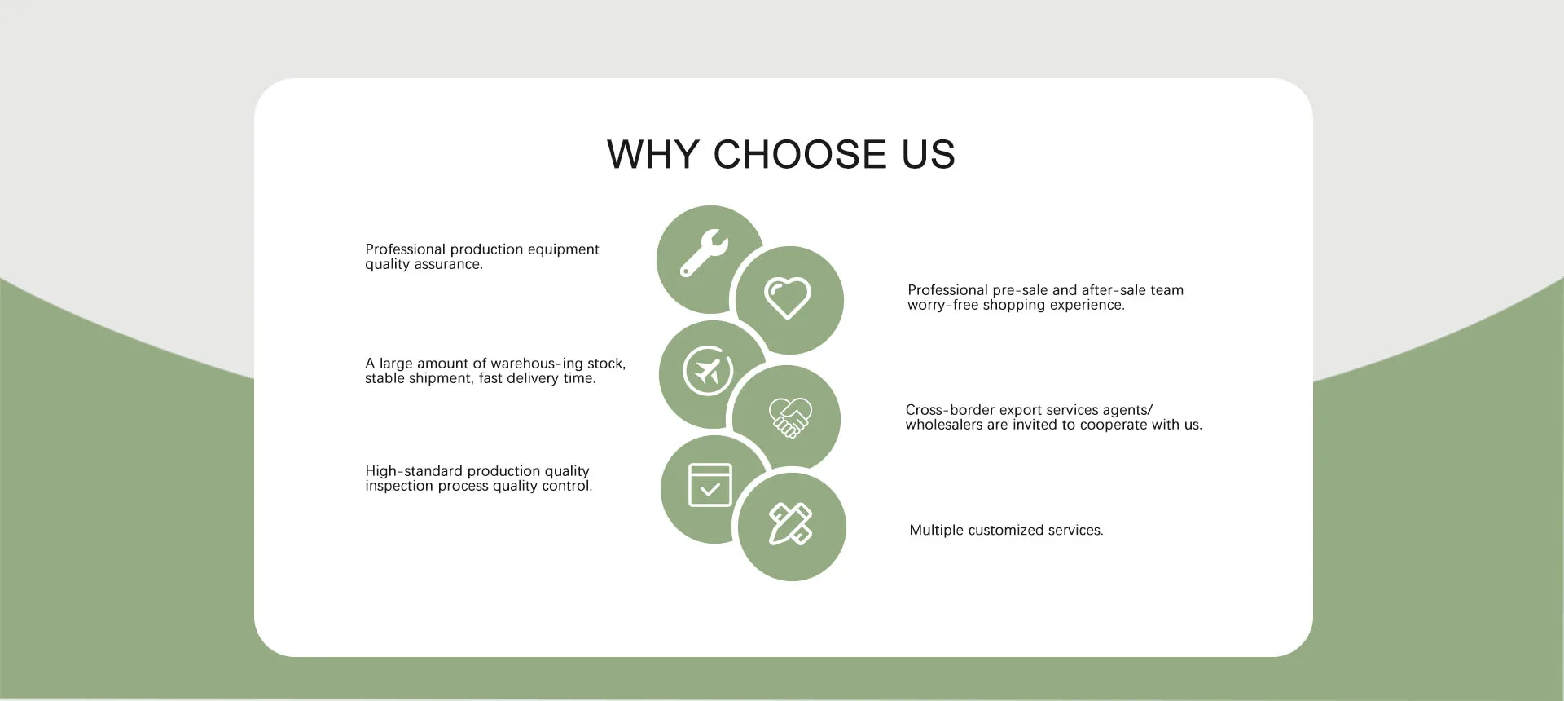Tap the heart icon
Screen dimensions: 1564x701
pyautogui.click(x=788, y=298)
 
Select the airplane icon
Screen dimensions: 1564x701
pyautogui.click(x=708, y=371)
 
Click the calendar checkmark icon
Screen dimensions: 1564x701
pyautogui.click(x=710, y=485)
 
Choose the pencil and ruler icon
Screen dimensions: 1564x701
pyautogui.click(x=791, y=523)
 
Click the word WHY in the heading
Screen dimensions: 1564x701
pyautogui.click(x=653, y=154)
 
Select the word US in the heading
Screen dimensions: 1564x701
pyautogui.click(x=928, y=154)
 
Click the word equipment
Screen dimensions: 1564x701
pyautogui.click(x=563, y=249)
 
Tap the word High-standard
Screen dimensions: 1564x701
pyautogui.click(x=413, y=471)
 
